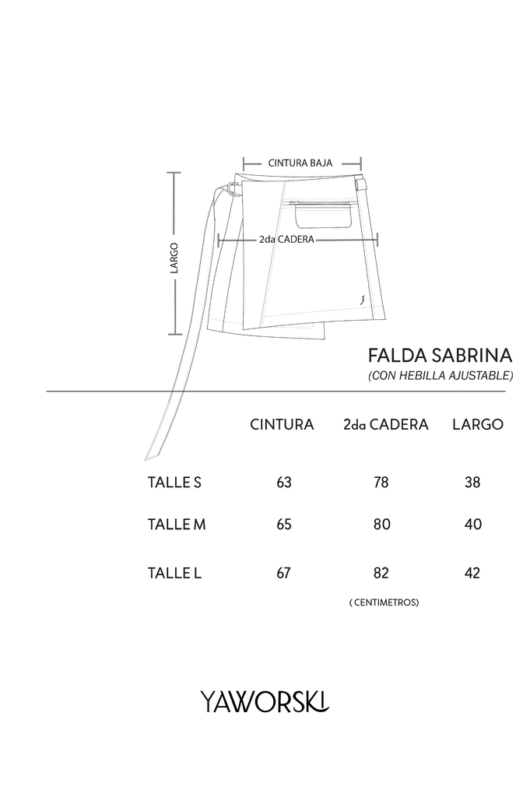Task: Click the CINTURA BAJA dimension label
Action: coord(300,163)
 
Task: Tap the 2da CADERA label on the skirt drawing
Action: coord(286,239)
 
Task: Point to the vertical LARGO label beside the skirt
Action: coord(174,258)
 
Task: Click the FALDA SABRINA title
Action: coord(440,355)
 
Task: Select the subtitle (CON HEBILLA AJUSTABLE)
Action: coord(440,376)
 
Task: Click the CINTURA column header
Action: coord(282,424)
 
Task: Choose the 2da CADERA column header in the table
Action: coord(386,424)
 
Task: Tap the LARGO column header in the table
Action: coord(478,424)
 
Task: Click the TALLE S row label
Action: coord(174,482)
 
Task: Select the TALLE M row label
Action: coord(177,524)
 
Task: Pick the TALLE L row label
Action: coord(174,573)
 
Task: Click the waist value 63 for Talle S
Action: coord(284,482)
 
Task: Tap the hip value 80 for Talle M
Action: coord(381,524)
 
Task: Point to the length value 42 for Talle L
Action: coord(472,573)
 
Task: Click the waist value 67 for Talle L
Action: coord(283,573)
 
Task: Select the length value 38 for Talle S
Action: coord(472,482)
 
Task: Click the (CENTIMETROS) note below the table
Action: coord(384,602)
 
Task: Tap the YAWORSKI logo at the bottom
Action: coord(265,701)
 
